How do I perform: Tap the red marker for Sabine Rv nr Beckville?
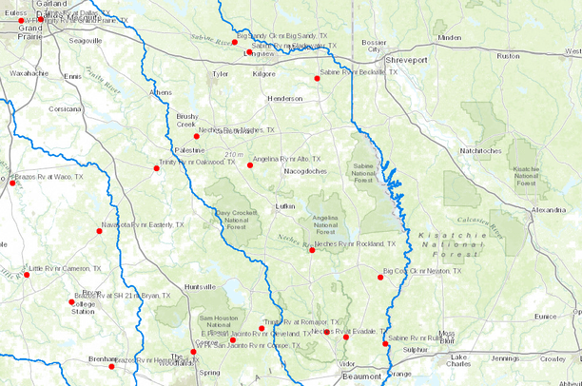pyautogui.click(x=317, y=78)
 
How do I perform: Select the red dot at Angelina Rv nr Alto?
pyautogui.click(x=250, y=164)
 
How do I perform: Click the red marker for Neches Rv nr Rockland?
pyautogui.click(x=312, y=250)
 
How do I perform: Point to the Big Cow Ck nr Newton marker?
pyautogui.click(x=380, y=278)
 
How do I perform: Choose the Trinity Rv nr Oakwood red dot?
pyautogui.click(x=157, y=168)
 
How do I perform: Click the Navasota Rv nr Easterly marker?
pyautogui.click(x=99, y=230)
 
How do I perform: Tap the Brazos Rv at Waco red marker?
pyautogui.click(x=12, y=183)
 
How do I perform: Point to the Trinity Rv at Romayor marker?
pyautogui.click(x=262, y=328)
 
